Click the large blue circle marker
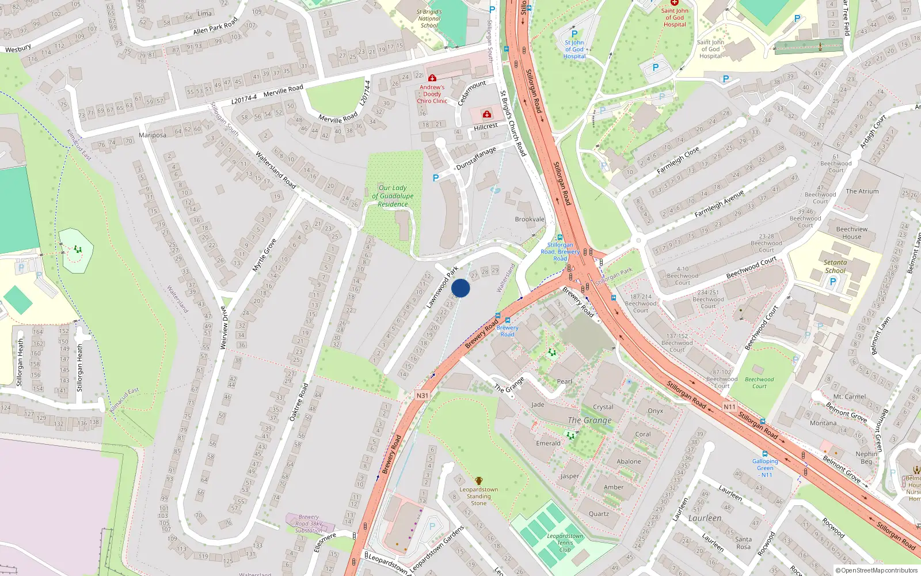[x=461, y=288]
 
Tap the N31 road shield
[x=423, y=396]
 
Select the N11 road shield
[x=729, y=407]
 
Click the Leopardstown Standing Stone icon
[x=478, y=480]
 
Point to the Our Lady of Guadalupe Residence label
[x=393, y=196]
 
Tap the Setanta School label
[x=835, y=266]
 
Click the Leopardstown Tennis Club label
[x=565, y=543]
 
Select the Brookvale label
[x=530, y=219]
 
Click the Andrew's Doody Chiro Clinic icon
[x=432, y=78]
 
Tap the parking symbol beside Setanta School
[x=832, y=282]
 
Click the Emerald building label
[x=548, y=444]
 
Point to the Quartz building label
[x=599, y=514]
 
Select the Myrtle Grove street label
[x=264, y=255]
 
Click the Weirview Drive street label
[x=224, y=327]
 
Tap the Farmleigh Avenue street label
[x=719, y=203]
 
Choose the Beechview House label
[x=851, y=233]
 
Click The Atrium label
[x=862, y=191]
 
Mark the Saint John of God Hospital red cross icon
[x=674, y=3]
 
